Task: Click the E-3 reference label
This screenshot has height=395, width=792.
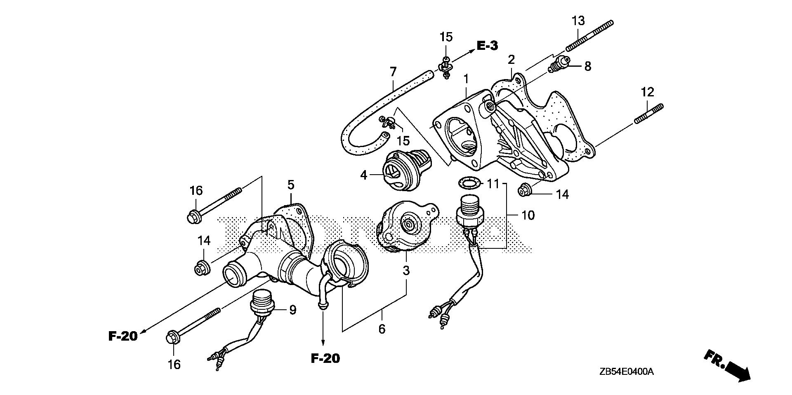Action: point(487,46)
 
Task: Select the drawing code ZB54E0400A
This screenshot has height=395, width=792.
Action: point(627,372)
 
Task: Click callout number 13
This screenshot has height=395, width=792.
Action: point(578,20)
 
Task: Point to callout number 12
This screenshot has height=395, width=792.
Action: point(647,91)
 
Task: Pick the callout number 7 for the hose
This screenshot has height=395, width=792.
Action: point(393,72)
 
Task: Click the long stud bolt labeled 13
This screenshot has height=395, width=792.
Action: point(590,36)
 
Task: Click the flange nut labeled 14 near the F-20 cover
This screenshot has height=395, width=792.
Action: point(203,268)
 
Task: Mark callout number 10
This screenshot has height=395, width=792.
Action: point(528,215)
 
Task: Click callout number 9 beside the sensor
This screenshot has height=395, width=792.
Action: point(292,310)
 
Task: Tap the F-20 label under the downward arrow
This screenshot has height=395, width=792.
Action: point(325,358)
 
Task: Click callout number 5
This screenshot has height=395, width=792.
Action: point(291,185)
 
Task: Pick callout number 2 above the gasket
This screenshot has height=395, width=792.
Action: point(511,59)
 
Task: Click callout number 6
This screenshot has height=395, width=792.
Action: point(382,329)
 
